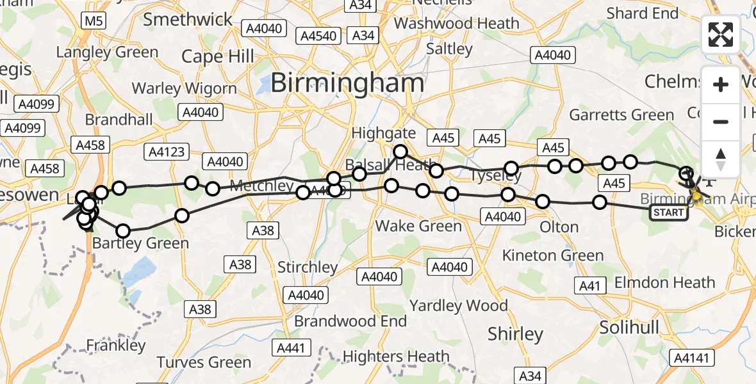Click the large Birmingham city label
[x=347, y=83]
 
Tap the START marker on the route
[x=670, y=212]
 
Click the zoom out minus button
[x=721, y=122]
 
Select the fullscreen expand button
[x=721, y=35]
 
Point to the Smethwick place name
[x=188, y=19]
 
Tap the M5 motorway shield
[x=93, y=22]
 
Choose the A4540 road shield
[x=319, y=36]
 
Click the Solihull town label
[x=629, y=328]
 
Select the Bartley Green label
[x=140, y=243]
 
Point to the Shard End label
[x=642, y=13]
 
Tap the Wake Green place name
[x=418, y=226]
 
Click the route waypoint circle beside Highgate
[x=400, y=152]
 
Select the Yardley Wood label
[x=458, y=305]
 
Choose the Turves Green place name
[x=204, y=362]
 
